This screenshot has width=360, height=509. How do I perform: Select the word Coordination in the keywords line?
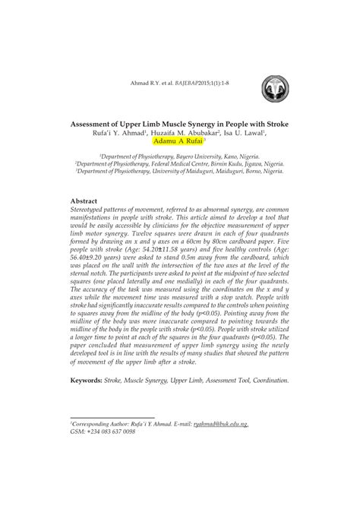[267, 380]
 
